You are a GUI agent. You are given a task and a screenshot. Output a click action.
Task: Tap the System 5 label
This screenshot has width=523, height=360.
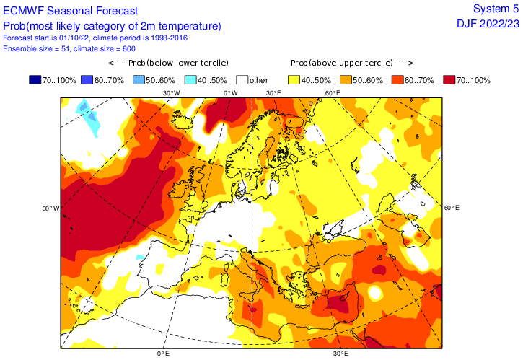496,8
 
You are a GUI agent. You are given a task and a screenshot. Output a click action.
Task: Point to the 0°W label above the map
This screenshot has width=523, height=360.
230,93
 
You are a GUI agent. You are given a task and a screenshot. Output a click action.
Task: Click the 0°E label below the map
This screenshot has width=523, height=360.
163,354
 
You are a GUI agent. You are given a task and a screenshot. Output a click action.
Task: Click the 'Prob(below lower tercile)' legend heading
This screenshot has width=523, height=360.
162,63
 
